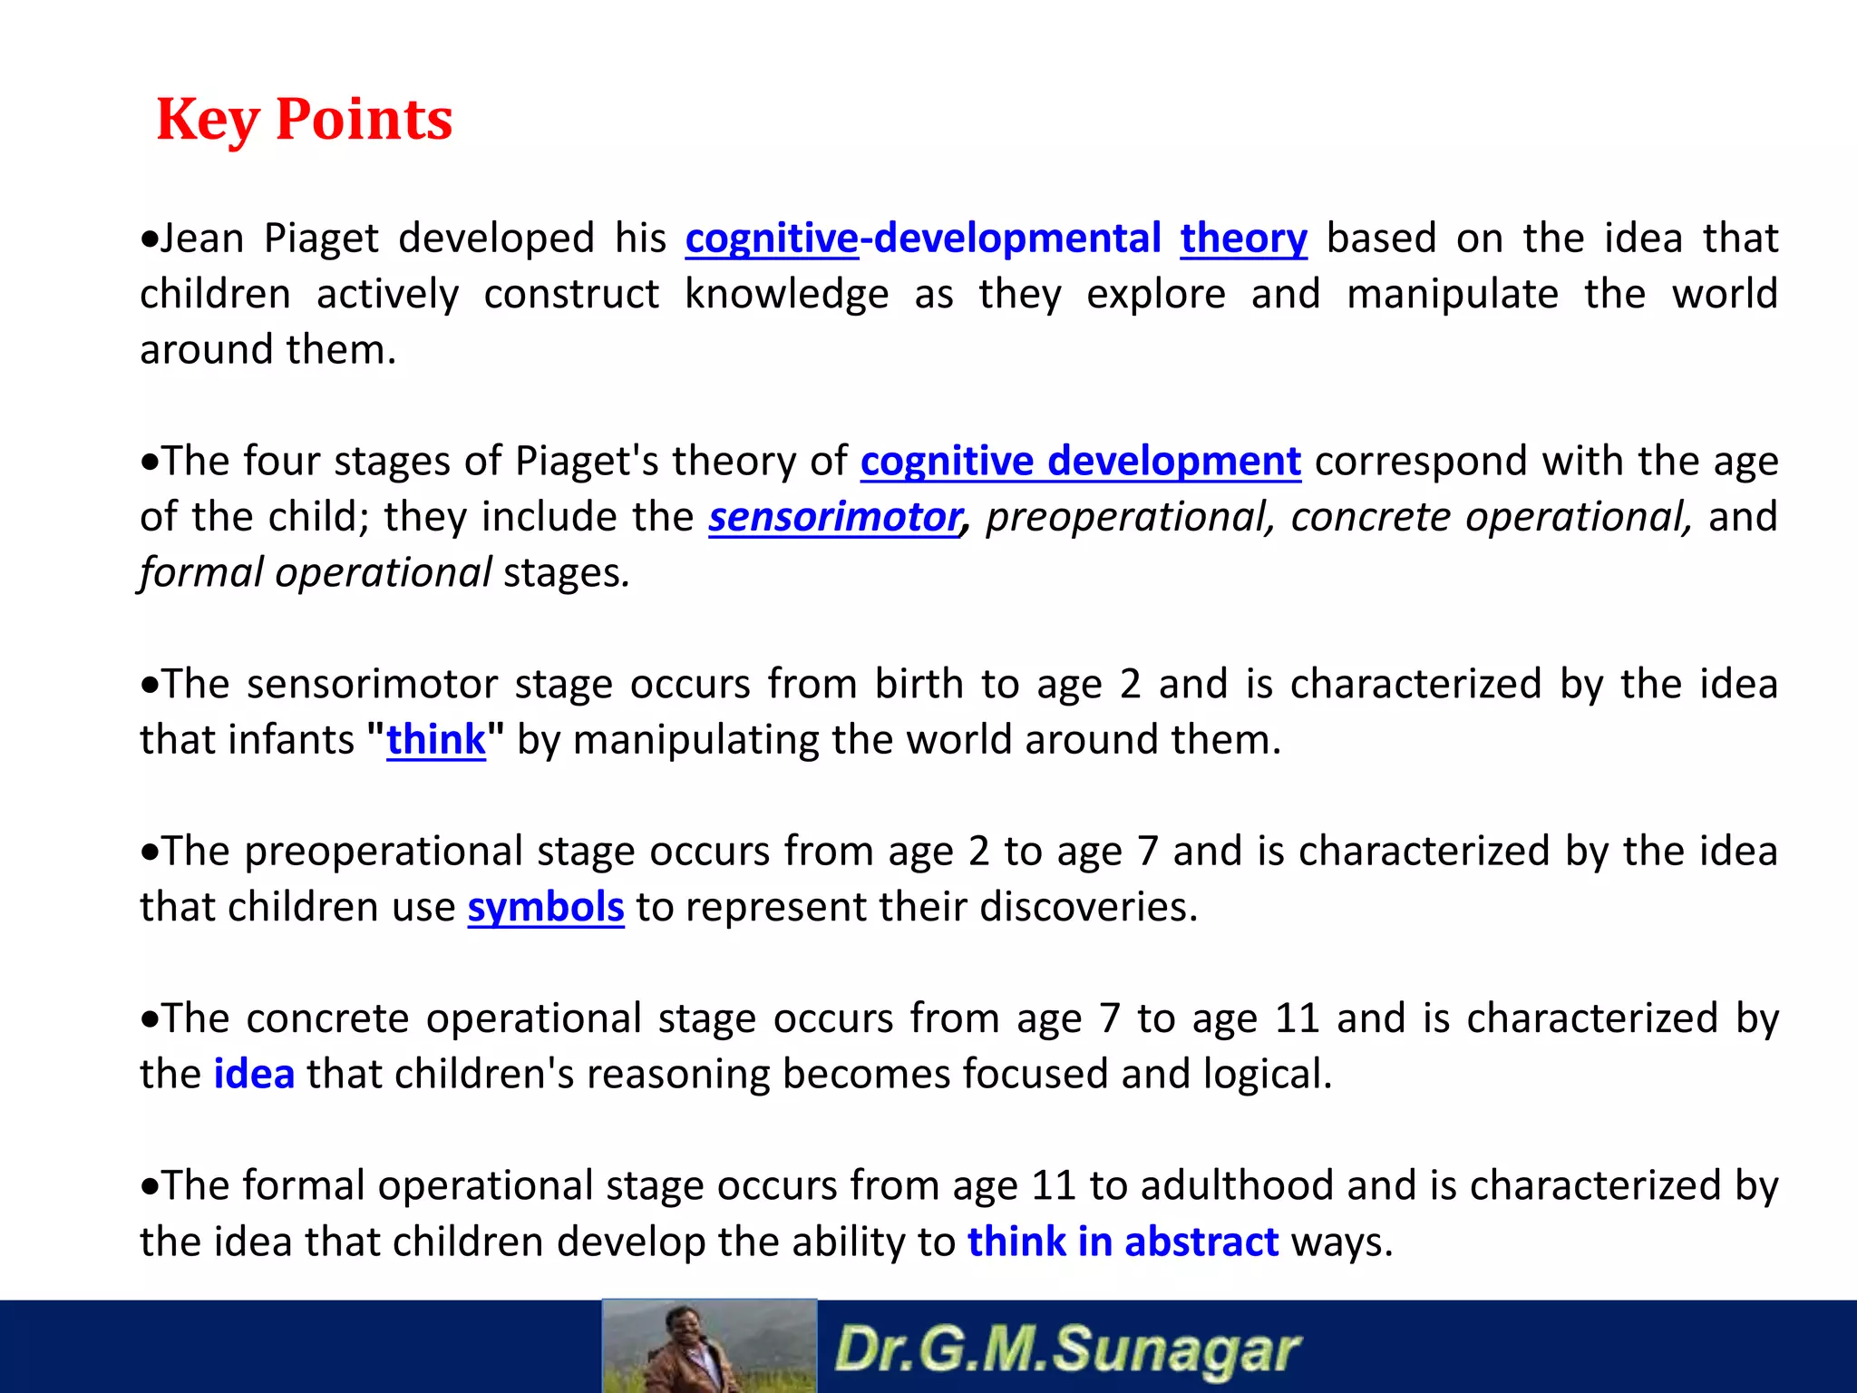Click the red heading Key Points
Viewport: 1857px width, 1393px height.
304,119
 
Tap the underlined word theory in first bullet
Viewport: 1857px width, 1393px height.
1243,239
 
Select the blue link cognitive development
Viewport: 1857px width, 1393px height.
1080,462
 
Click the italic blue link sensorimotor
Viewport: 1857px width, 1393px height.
834,517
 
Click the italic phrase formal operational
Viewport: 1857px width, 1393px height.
316,573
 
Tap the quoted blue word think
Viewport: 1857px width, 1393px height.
436,740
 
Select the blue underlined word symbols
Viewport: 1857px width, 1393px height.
546,907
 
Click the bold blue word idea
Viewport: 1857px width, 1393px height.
254,1075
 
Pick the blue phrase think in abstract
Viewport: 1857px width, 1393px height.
1123,1242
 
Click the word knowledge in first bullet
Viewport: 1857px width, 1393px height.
786,295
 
